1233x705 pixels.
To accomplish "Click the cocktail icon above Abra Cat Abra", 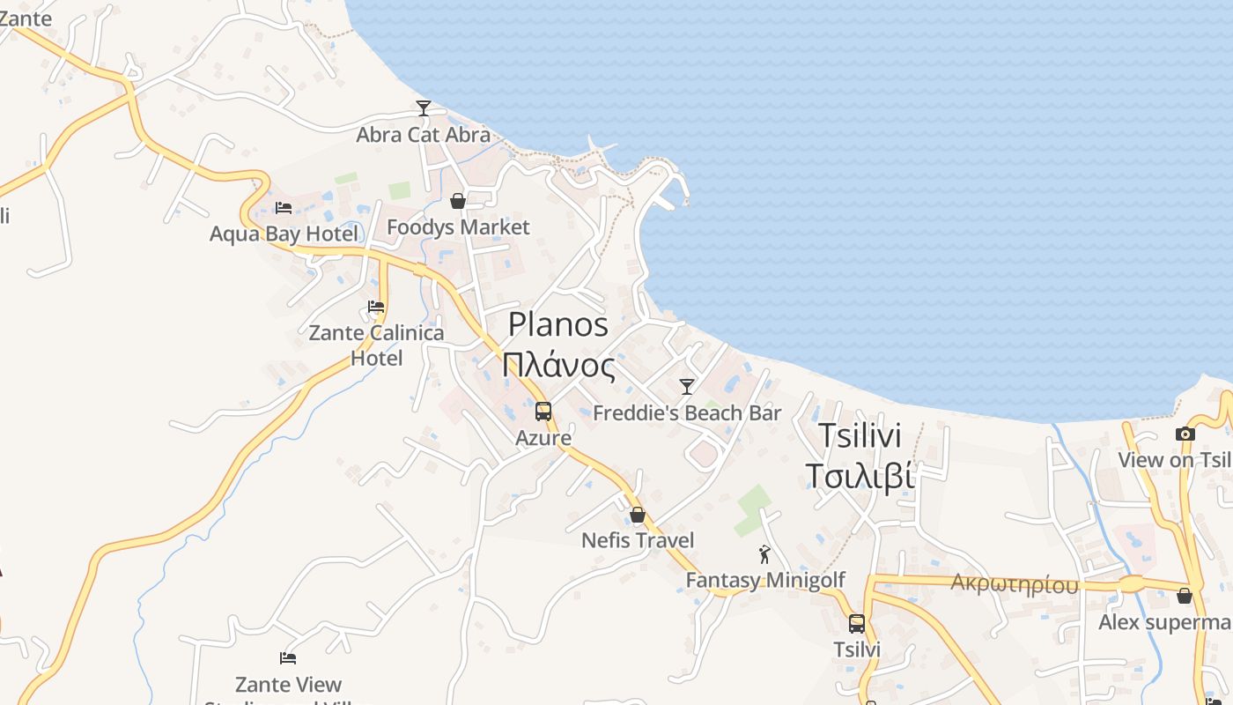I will (x=424, y=108).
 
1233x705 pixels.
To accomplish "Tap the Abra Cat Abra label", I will (x=423, y=135).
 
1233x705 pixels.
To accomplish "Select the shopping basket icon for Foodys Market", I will (x=458, y=202).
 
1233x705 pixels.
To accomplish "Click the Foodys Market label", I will (x=458, y=227).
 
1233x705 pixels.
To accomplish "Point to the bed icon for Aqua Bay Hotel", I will (x=284, y=208).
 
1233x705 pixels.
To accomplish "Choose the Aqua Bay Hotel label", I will (x=284, y=234).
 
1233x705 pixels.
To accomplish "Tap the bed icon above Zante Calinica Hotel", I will (x=376, y=307).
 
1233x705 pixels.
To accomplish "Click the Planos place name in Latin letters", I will (x=558, y=324).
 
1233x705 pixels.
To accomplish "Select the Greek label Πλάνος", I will (x=558, y=364).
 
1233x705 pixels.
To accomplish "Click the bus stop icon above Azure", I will (x=543, y=412).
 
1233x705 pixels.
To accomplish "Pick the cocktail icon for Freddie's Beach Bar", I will (x=687, y=386).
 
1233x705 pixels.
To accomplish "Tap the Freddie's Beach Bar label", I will (x=687, y=412).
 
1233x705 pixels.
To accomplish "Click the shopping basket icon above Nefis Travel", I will (x=638, y=515).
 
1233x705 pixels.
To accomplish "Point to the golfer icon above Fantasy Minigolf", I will (x=764, y=554).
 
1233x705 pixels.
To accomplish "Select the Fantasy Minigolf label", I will (x=764, y=580).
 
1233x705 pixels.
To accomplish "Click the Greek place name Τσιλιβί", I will (x=860, y=476).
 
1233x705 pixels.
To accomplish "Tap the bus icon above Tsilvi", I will (x=857, y=624).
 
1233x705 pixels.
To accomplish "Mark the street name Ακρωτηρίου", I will (x=1015, y=584).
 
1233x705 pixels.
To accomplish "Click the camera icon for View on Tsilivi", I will (x=1185, y=434).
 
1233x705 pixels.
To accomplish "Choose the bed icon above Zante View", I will (x=288, y=657).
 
